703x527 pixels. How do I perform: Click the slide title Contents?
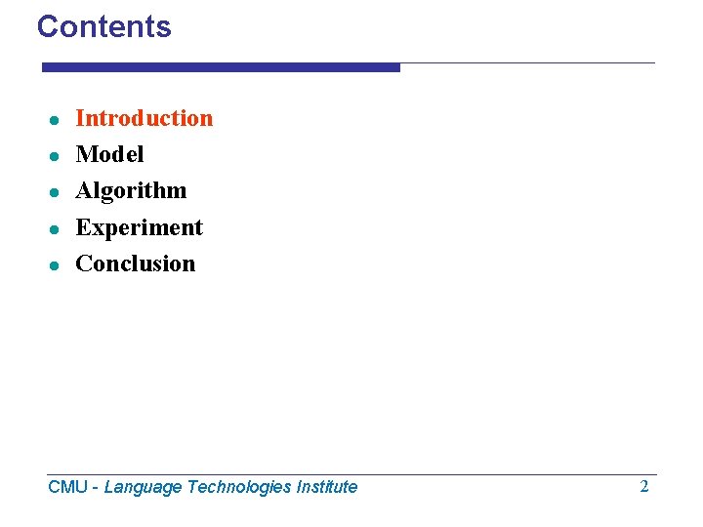(103, 26)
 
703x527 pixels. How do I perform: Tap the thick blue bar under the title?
(221, 67)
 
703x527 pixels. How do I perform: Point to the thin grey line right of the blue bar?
(527, 63)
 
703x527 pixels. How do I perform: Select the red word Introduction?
(144, 118)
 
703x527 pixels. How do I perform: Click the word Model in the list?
(109, 154)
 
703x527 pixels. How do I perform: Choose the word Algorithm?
(131, 190)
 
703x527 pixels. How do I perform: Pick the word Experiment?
(139, 227)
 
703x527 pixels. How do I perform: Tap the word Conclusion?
(135, 263)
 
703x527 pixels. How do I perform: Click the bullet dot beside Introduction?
(57, 120)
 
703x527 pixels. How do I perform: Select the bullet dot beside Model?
(57, 156)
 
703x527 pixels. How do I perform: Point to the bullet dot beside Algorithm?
(57, 192)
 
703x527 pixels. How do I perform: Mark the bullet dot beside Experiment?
(57, 229)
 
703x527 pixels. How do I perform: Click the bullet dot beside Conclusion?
(57, 265)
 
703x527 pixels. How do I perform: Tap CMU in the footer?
(67, 487)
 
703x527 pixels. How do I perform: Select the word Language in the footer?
(143, 487)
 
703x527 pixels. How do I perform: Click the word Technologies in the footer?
(235, 487)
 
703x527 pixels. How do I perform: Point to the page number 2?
(643, 486)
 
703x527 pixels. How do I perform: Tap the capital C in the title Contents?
(47, 26)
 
